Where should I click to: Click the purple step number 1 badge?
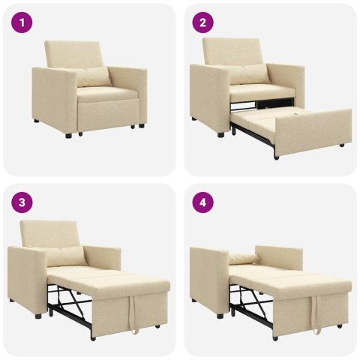23,23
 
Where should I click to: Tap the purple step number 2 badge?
202,23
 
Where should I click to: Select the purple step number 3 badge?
23,202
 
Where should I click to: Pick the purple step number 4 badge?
202,202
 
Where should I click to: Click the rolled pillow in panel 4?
244,259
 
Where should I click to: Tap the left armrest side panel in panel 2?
208,96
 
